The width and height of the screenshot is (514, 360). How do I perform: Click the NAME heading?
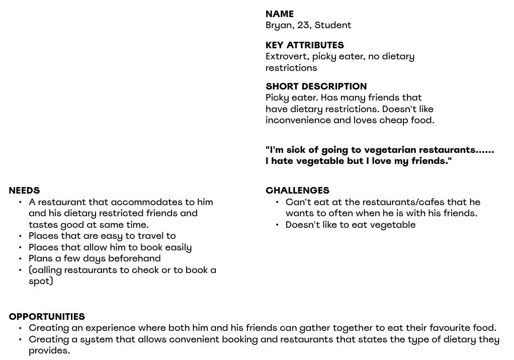pyautogui.click(x=279, y=14)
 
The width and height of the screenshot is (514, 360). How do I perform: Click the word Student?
pyautogui.click(x=333, y=25)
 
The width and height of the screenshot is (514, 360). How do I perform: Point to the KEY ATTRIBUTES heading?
pyautogui.click(x=304, y=45)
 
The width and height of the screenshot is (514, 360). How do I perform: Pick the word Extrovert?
pyautogui.click(x=287, y=56)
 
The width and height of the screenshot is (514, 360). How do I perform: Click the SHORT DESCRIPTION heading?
pyautogui.click(x=316, y=86)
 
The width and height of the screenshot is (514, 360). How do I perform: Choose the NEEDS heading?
pyautogui.click(x=24, y=191)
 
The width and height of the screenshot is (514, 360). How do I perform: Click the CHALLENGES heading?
pyautogui.click(x=297, y=191)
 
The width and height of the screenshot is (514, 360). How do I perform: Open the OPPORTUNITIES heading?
pyautogui.click(x=47, y=317)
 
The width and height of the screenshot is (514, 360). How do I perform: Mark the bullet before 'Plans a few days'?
pyautogui.click(x=20, y=258)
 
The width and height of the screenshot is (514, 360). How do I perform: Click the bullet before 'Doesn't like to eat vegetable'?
pyautogui.click(x=277, y=225)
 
